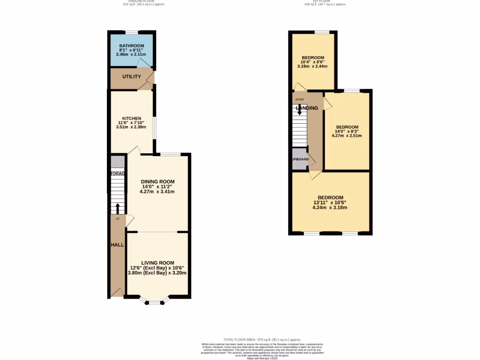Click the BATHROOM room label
[x=131, y=46]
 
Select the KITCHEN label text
[x=131, y=118]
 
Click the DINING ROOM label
[x=157, y=182]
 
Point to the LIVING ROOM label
[x=157, y=263]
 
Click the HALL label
[x=117, y=245]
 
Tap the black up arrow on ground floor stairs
[x=118, y=208]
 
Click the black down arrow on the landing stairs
[x=300, y=110]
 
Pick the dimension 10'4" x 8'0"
[x=312, y=62]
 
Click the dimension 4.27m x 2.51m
[x=347, y=136]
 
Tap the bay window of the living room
[x=154, y=302]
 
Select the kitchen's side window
[x=154, y=128]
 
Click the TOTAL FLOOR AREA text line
[x=262, y=340]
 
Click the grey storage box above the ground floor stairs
[x=118, y=162]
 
